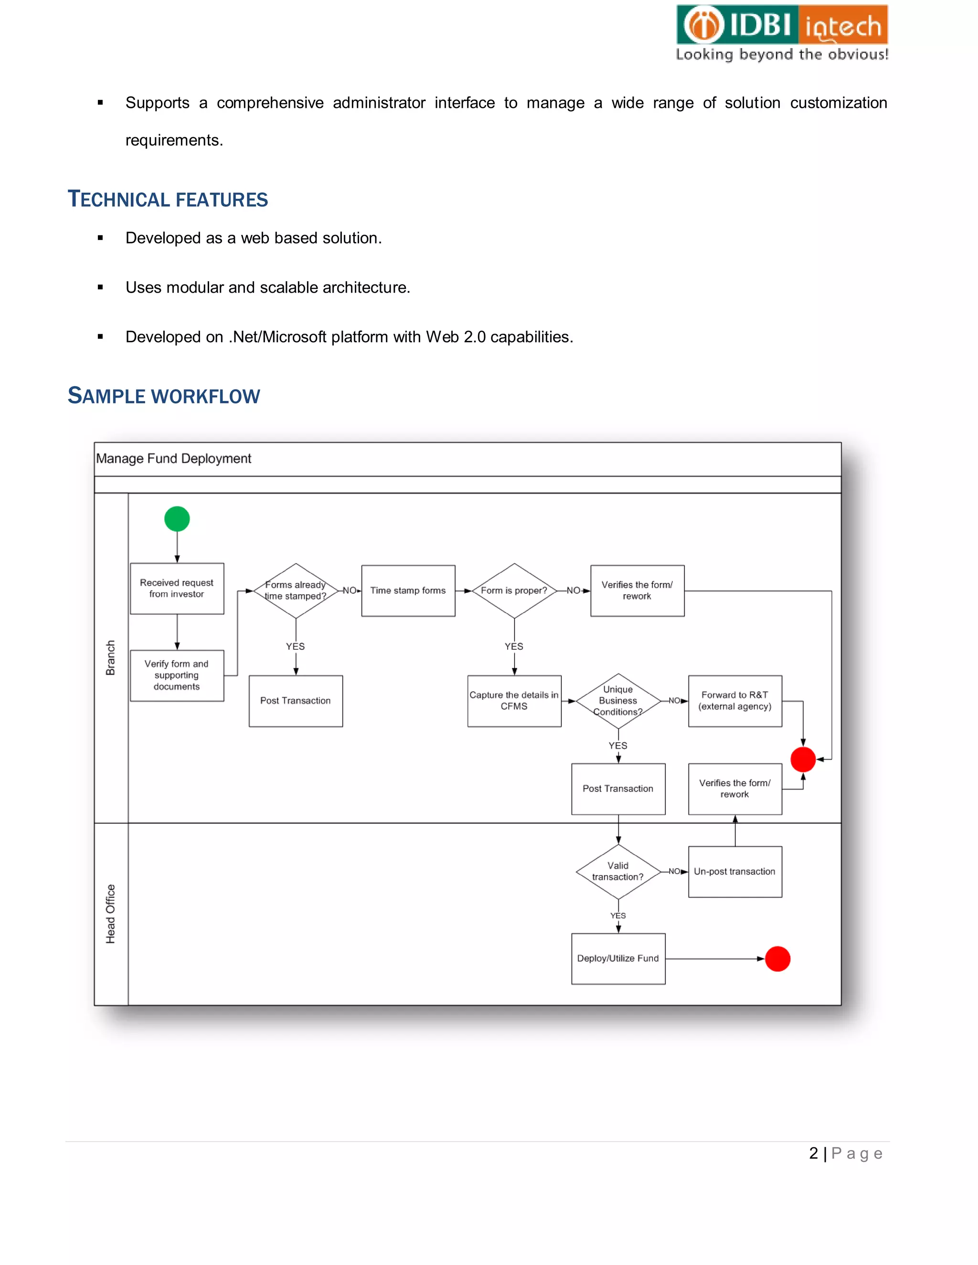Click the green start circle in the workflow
pyautogui.click(x=177, y=518)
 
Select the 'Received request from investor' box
pyautogui.click(x=177, y=589)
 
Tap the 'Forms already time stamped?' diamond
pyautogui.click(x=296, y=590)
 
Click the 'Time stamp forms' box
pyautogui.click(x=408, y=590)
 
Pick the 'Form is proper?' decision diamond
pyautogui.click(x=514, y=590)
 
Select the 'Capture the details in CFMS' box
pyautogui.click(x=514, y=700)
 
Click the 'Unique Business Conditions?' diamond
pyautogui.click(x=618, y=700)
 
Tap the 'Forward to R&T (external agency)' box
pyautogui.click(x=734, y=700)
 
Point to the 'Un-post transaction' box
pyautogui.click(x=734, y=871)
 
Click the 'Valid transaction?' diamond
pyautogui.click(x=618, y=871)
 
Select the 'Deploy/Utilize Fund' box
pyautogui.click(x=618, y=958)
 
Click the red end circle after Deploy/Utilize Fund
pyautogui.click(x=777, y=959)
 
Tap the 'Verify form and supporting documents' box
pyautogui.click(x=177, y=675)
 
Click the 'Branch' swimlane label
pyautogui.click(x=111, y=657)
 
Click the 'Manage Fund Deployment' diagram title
pyautogui.click(x=174, y=458)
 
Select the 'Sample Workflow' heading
pyautogui.click(x=164, y=396)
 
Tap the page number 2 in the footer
pyautogui.click(x=813, y=1153)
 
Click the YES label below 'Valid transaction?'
pyautogui.click(x=618, y=916)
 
